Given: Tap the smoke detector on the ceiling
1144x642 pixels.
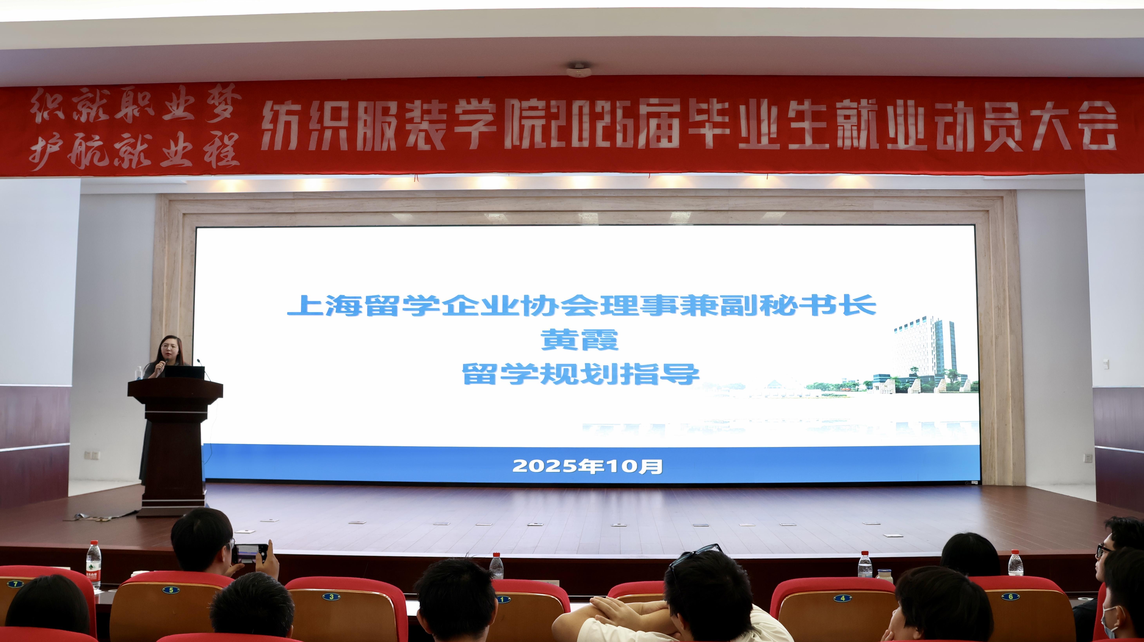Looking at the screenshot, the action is point(579,70).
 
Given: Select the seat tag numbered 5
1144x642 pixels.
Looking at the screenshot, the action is point(171,590).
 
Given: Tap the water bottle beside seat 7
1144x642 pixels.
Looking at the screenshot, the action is point(93,565).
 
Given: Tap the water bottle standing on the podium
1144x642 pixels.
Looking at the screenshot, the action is point(139,373).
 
